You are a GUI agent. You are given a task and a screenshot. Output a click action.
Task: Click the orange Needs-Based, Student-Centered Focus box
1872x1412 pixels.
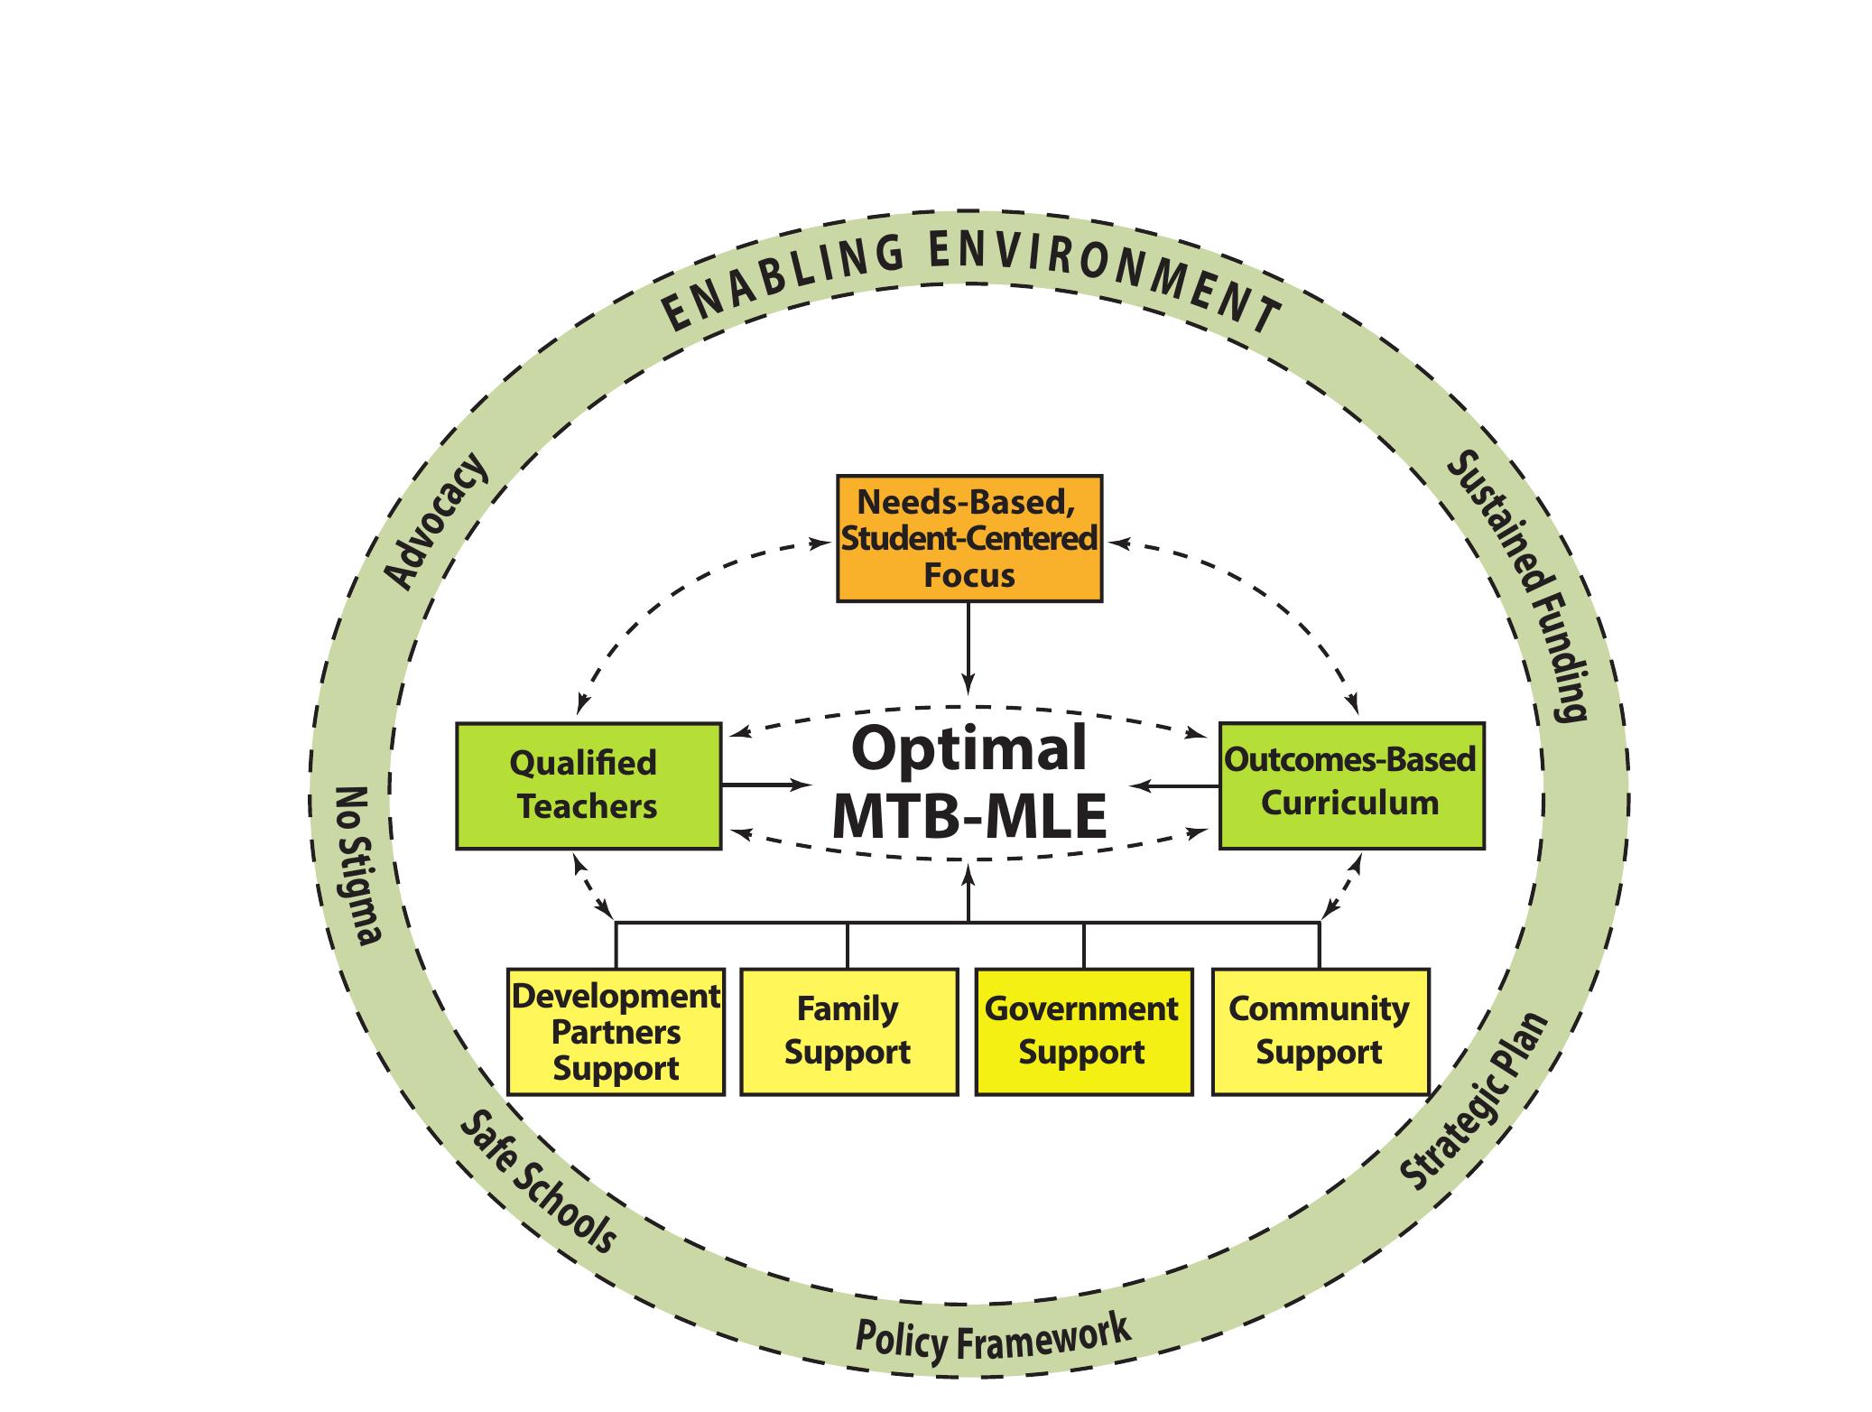click(968, 538)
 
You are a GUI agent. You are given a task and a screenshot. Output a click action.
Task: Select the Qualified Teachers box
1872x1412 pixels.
click(588, 785)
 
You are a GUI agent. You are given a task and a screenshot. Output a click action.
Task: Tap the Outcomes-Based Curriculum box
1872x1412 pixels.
click(1350, 784)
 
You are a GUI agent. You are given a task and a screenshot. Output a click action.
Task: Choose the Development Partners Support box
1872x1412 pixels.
click(616, 1032)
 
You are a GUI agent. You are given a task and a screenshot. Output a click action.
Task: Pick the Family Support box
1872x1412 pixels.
click(848, 1032)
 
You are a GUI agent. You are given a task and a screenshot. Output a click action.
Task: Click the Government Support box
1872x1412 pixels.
click(1083, 1032)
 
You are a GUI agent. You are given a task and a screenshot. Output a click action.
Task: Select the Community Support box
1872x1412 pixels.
click(1320, 1032)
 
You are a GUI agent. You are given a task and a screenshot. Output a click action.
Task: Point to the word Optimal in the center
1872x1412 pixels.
click(968, 748)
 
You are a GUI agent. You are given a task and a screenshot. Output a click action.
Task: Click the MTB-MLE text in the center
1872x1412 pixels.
click(968, 815)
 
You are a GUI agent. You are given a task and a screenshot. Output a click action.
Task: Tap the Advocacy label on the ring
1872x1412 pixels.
click(438, 522)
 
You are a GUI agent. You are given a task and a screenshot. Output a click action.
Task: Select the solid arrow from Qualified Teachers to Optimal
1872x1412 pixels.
click(767, 785)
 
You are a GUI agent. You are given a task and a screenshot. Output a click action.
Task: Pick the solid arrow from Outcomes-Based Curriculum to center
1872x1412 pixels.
click(1173, 785)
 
